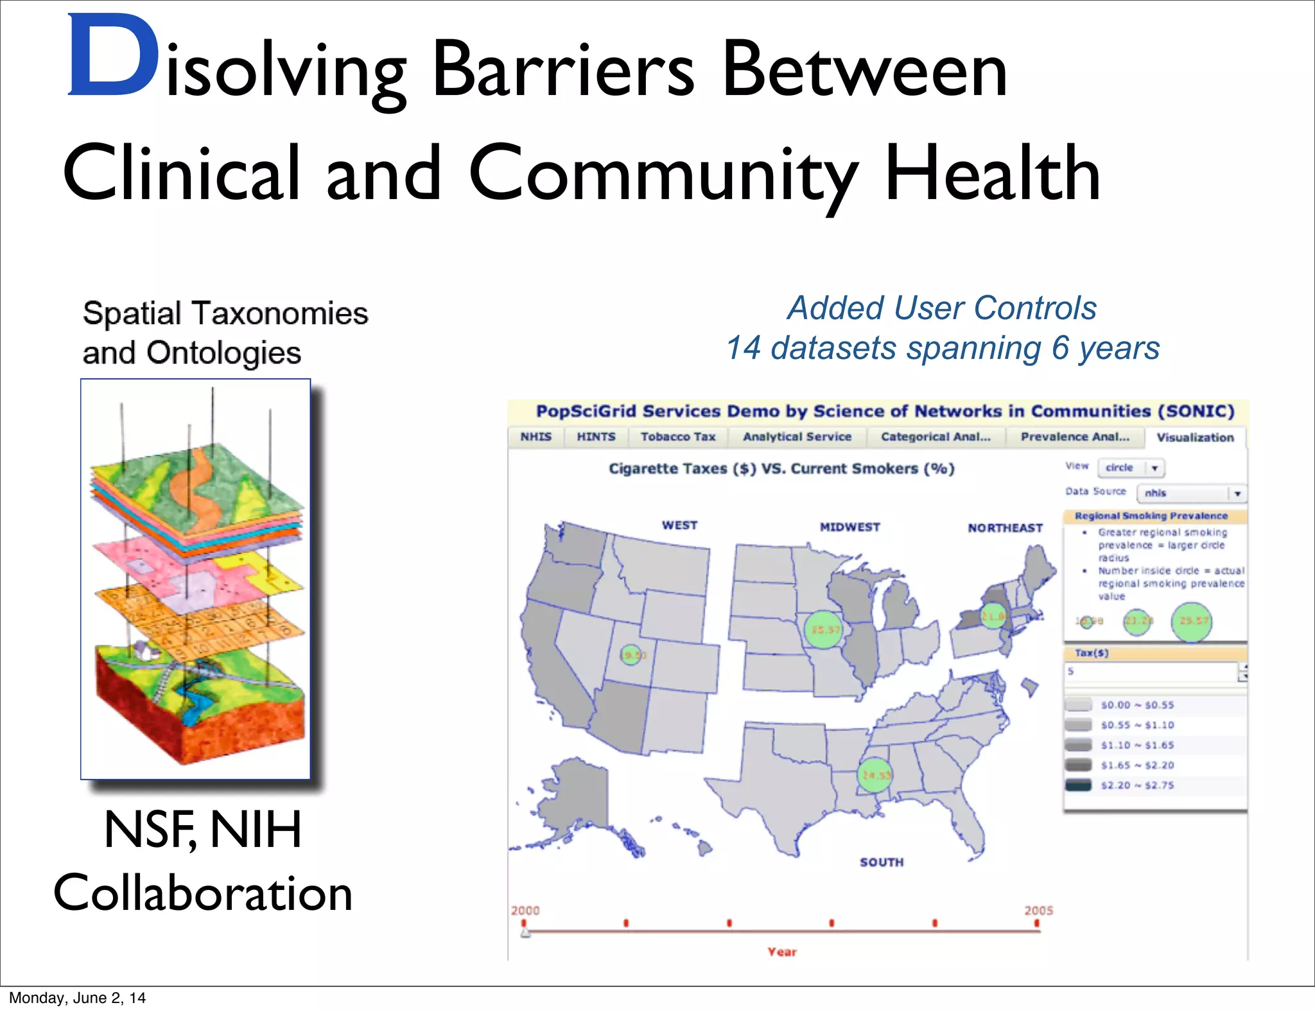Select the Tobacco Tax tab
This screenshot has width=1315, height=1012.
pos(678,437)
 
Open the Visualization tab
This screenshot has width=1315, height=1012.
pos(1195,437)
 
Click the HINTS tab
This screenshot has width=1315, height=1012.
pos(596,437)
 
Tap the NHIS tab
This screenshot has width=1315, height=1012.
pos(536,437)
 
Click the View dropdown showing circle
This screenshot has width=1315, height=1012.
pos(1131,467)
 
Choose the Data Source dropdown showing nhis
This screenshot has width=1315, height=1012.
pos(1191,493)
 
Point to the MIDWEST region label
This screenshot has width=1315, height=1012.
pos(849,527)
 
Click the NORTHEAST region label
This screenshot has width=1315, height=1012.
pos(1005,528)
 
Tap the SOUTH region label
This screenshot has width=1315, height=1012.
pos(882,862)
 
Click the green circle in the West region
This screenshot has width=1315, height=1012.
pos(632,655)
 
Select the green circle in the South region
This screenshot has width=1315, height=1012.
pos(875,775)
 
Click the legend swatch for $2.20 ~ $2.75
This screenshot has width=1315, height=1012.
pos(1078,785)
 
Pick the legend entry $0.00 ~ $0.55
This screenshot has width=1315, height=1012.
pos(1136,705)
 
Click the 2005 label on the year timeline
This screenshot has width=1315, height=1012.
pos(1038,911)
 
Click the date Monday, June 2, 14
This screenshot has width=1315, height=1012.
pos(77,998)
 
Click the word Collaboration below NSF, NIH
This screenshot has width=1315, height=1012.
pos(203,893)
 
